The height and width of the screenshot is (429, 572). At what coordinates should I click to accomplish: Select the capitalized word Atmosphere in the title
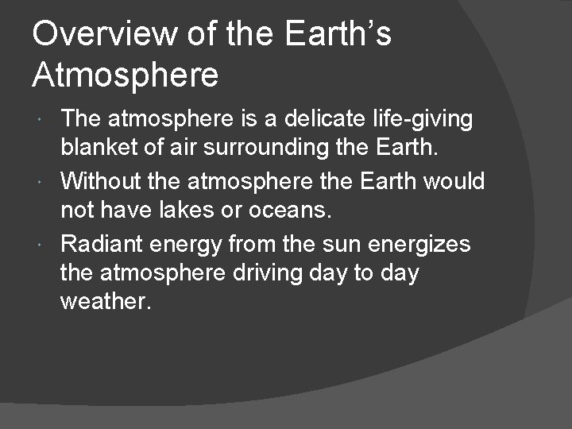coord(125,75)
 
